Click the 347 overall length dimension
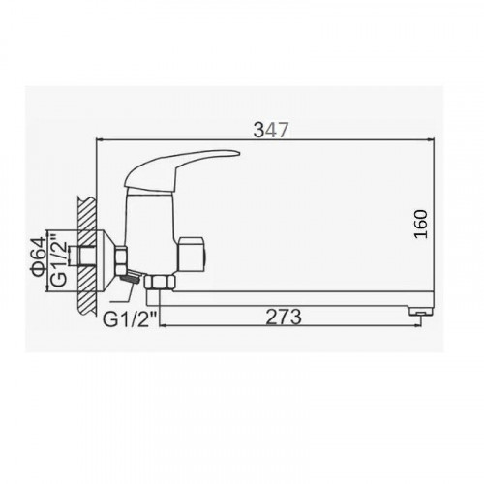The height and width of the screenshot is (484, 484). (x=270, y=131)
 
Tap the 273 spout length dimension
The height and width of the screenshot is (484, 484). (x=284, y=317)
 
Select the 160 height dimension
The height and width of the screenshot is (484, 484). (x=421, y=224)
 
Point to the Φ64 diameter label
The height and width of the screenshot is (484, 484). (x=40, y=257)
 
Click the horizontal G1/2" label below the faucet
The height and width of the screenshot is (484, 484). (x=130, y=319)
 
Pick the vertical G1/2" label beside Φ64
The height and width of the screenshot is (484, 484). (x=59, y=263)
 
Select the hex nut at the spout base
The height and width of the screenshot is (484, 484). (x=160, y=282)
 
